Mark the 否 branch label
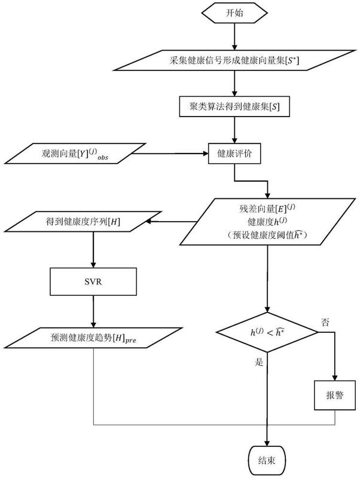(326, 322)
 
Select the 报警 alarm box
(335, 396)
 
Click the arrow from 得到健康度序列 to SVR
(94, 251)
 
